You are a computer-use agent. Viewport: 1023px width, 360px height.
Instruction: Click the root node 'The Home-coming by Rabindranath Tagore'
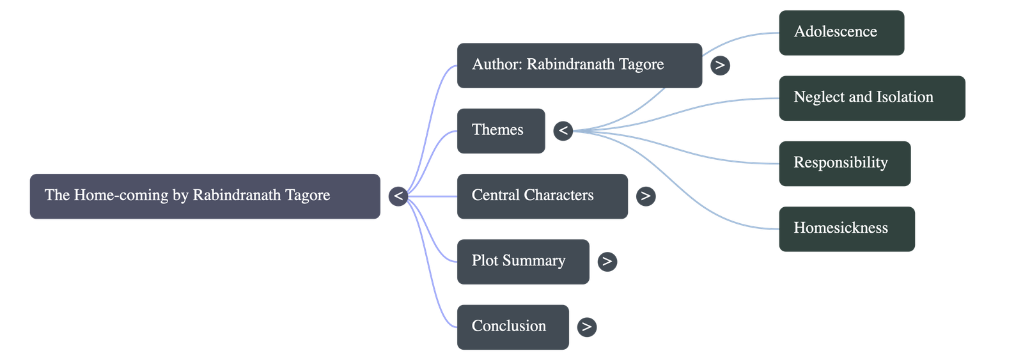coord(205,196)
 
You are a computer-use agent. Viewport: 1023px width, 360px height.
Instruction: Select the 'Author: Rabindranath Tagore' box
coord(579,65)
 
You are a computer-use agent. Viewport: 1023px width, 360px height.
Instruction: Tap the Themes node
coord(501,130)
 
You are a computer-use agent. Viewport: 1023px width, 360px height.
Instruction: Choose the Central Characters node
coord(542,196)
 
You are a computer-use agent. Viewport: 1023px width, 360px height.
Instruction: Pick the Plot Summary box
coord(523,262)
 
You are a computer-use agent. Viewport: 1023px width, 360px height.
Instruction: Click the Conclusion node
coord(513,327)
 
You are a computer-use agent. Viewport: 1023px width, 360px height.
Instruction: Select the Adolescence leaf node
coord(841,32)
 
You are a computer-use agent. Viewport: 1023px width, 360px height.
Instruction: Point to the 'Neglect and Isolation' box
coord(871,98)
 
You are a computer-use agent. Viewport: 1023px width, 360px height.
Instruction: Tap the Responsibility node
coord(844,163)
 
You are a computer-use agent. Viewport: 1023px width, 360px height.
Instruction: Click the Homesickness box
coord(847,229)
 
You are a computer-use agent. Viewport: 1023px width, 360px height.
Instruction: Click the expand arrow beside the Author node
coord(720,65)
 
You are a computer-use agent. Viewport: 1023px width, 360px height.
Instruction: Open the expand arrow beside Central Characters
coord(646,196)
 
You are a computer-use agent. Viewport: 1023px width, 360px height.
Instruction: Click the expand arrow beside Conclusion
coord(586,327)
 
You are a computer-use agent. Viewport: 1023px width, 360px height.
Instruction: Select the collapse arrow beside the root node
coord(398,196)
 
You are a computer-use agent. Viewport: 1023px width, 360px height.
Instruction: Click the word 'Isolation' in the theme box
coord(904,97)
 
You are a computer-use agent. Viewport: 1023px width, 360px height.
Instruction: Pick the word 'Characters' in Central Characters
coord(563,195)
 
